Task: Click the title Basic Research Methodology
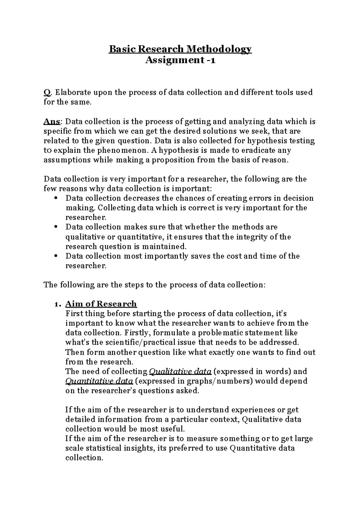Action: (x=180, y=49)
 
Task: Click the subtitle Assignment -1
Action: (x=180, y=60)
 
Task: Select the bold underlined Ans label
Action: (x=52, y=121)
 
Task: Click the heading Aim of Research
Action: (x=101, y=304)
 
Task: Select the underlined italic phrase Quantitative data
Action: (x=99, y=381)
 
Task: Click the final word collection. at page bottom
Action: (x=84, y=458)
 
